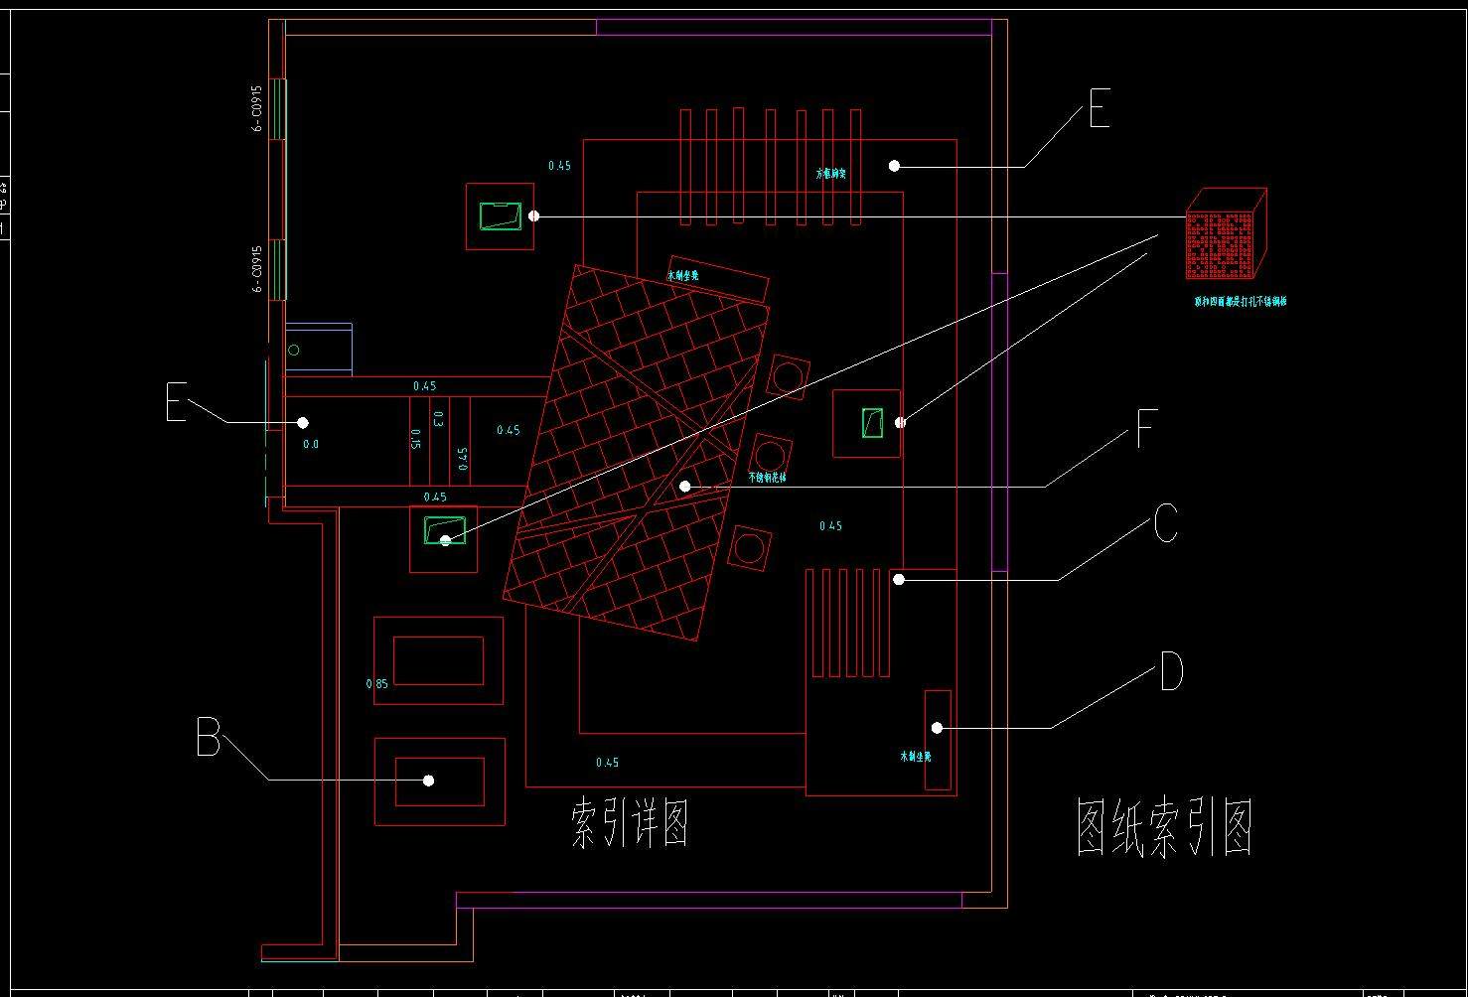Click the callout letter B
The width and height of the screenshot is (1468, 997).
coord(208,739)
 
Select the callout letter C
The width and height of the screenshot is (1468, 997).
coord(1166,523)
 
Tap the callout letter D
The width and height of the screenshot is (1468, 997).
coord(1171,672)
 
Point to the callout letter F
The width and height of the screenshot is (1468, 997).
coord(1145,430)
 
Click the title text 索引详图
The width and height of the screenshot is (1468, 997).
coord(631,823)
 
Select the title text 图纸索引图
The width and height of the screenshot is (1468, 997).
coord(1164,827)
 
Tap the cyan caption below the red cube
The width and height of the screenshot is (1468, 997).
coord(1240,301)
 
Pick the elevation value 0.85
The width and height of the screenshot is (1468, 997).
coord(377,684)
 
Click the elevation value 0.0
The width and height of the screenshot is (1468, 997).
coord(311,444)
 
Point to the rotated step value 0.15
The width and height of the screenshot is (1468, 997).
coord(416,440)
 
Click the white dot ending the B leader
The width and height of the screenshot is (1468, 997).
coord(429,781)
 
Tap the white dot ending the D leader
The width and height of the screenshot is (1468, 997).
coord(937,729)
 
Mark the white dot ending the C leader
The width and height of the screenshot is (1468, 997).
coord(898,579)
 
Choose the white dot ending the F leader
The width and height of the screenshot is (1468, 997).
coord(684,487)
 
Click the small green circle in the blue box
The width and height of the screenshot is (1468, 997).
coord(294,351)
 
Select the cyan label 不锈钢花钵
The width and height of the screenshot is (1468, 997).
coord(767,478)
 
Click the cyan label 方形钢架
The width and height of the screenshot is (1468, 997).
coord(831,174)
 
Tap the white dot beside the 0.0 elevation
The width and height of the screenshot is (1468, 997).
coord(303,423)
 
